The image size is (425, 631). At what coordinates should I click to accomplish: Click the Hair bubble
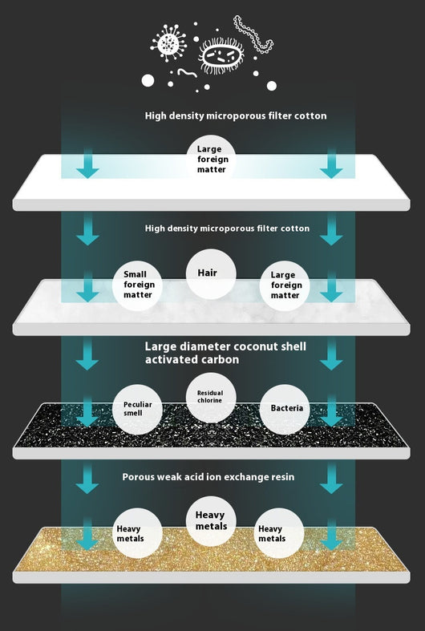(211, 274)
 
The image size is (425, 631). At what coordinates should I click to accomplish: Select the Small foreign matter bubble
(137, 285)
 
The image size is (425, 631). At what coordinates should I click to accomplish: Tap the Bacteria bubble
(285, 409)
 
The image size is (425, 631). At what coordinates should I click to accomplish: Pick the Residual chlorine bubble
(211, 398)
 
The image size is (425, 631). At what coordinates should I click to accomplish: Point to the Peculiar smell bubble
(137, 409)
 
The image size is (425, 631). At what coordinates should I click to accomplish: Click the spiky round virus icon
(168, 42)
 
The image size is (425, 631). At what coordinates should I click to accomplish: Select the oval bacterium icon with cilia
(221, 55)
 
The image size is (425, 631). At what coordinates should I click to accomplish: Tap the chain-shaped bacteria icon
(253, 34)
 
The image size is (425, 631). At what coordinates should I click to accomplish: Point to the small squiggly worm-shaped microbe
(187, 73)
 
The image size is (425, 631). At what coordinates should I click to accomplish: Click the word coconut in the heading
(257, 346)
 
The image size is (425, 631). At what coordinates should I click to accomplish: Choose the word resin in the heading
(283, 477)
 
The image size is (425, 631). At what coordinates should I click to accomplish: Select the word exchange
(246, 477)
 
